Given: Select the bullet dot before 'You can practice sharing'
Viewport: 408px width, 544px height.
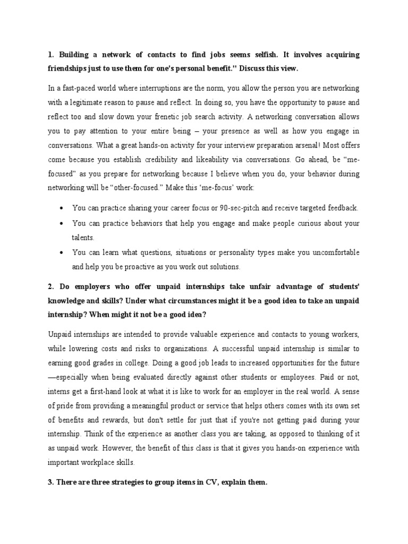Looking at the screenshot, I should click(x=63, y=208).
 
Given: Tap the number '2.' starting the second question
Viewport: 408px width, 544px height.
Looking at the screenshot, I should click(x=51, y=287).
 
